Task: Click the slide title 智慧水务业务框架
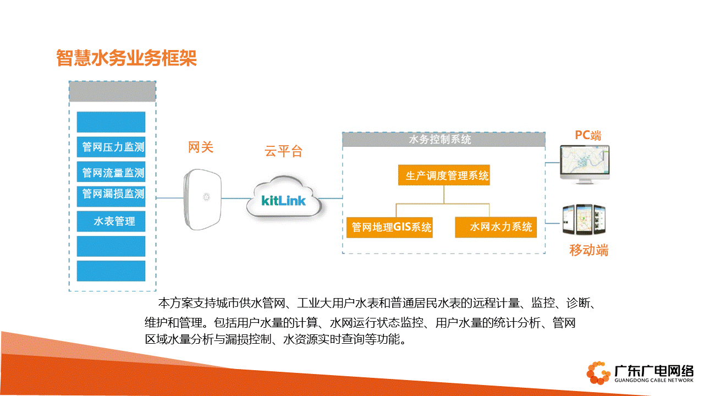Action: (x=127, y=58)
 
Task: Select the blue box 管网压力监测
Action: (x=111, y=147)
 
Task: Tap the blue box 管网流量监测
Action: (x=111, y=172)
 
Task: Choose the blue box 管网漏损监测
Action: (x=111, y=196)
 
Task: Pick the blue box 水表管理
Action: (x=111, y=221)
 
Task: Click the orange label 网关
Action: (x=201, y=147)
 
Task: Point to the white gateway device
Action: (x=202, y=199)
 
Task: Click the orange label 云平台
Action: (x=283, y=151)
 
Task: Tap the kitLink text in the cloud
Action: (x=283, y=201)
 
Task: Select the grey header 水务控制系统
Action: (x=443, y=140)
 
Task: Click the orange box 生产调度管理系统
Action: (x=444, y=175)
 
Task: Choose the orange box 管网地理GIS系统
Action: (x=389, y=227)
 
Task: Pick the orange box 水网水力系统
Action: (x=496, y=227)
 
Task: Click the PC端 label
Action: (x=588, y=135)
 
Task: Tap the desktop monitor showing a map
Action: (x=585, y=164)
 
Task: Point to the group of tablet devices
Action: (x=584, y=219)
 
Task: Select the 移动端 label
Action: (x=588, y=250)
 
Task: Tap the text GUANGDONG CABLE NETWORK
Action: (x=654, y=380)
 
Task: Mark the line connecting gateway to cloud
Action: (x=237, y=199)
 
